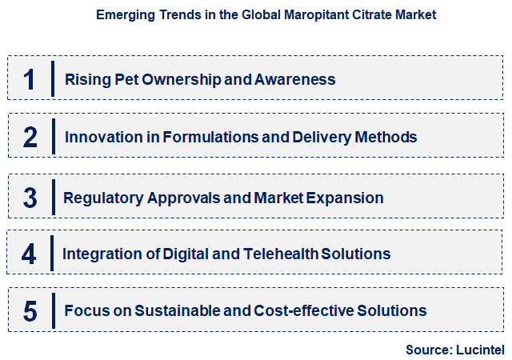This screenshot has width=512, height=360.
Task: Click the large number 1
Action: [30, 79]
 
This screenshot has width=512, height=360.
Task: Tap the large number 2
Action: [30, 137]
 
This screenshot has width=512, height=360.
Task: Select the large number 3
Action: [30, 197]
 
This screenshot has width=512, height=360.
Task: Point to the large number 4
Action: [30, 254]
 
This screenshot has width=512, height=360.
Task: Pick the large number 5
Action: [30, 310]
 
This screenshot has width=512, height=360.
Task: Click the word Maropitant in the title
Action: [308, 15]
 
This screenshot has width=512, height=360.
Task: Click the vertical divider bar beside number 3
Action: [52, 197]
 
